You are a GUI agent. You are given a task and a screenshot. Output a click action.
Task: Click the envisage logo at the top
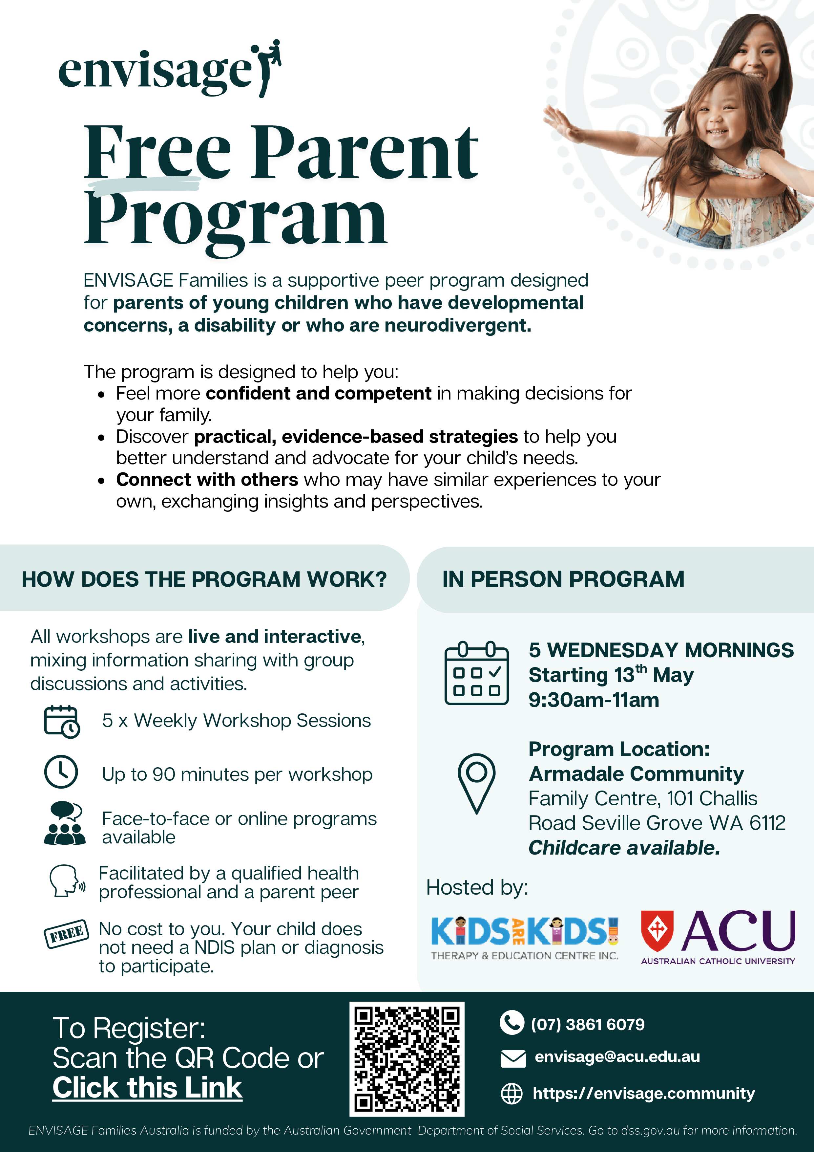[x=170, y=70]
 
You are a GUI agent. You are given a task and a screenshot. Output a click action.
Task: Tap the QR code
[x=407, y=1059]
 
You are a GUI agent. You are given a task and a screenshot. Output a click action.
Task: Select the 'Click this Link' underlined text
[x=147, y=1088]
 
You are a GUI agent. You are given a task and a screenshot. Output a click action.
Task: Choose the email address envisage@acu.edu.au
[x=617, y=1057]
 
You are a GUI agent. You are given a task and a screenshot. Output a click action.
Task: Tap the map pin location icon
[x=476, y=782]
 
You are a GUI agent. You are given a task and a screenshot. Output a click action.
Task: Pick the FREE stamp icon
[x=67, y=934]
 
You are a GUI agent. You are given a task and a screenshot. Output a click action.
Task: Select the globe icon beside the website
[x=511, y=1094]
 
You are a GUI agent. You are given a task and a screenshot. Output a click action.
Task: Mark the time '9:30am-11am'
[x=594, y=700]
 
